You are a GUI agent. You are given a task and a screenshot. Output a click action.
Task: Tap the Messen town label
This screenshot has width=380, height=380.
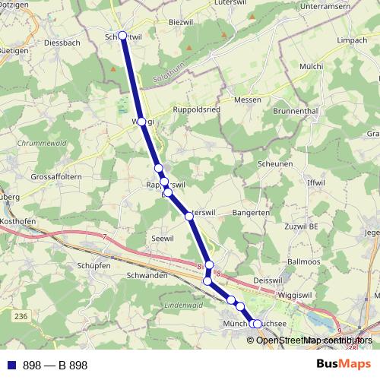(x=247, y=100)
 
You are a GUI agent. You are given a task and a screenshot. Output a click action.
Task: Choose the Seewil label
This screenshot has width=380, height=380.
(x=163, y=238)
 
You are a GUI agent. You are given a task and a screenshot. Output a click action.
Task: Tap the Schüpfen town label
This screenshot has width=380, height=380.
(x=94, y=266)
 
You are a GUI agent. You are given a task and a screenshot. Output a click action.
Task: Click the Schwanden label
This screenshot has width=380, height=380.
(x=147, y=275)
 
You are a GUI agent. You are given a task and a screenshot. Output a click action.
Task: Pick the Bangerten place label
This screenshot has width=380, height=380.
(x=251, y=214)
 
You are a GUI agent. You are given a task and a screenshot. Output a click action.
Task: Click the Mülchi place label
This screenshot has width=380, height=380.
(x=312, y=67)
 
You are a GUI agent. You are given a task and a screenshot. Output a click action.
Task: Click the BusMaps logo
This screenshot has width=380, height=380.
(x=344, y=365)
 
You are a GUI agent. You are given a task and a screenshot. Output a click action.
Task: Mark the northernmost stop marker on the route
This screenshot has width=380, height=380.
(x=123, y=35)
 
